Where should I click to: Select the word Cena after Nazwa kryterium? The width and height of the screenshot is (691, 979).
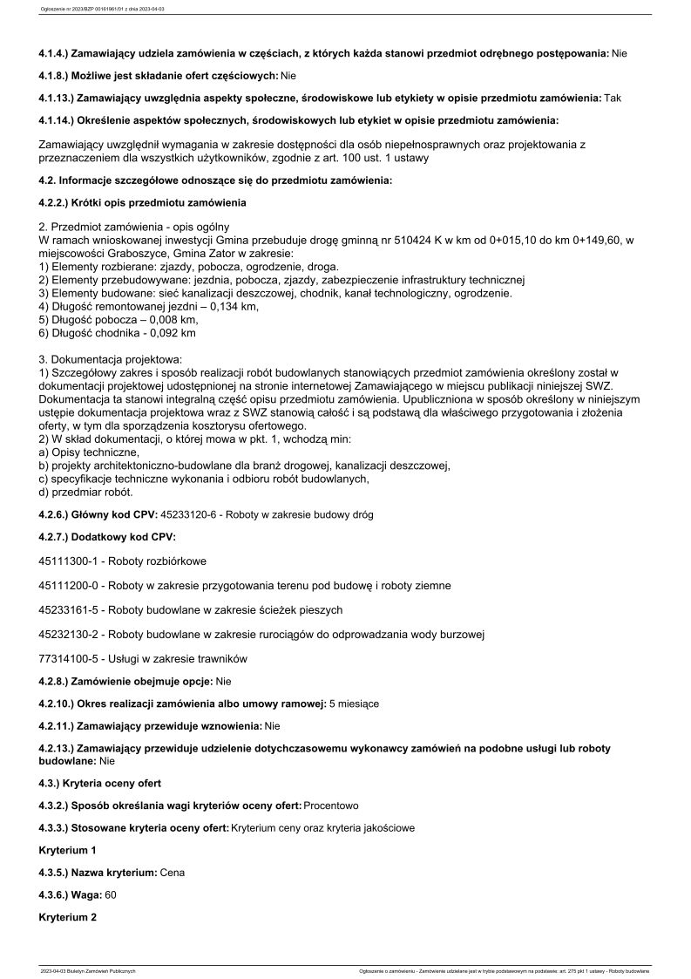click(173, 872)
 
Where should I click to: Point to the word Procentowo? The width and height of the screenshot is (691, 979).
click(331, 806)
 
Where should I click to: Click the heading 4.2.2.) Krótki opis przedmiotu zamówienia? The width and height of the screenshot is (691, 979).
click(143, 203)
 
